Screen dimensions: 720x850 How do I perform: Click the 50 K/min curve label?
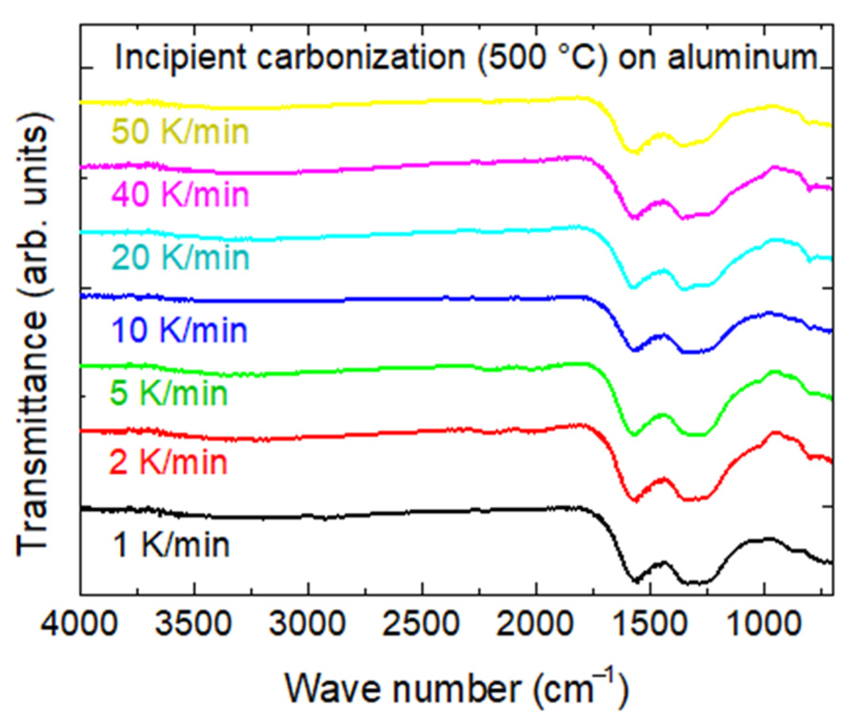click(180, 131)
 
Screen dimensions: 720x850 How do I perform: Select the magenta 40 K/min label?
click(180, 194)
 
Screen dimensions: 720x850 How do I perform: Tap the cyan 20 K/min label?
click(180, 257)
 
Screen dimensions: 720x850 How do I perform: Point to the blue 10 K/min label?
click(179, 330)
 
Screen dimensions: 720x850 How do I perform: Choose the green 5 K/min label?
click(169, 393)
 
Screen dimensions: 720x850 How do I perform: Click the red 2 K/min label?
click(169, 462)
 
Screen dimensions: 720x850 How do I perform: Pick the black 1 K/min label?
click(171, 544)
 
